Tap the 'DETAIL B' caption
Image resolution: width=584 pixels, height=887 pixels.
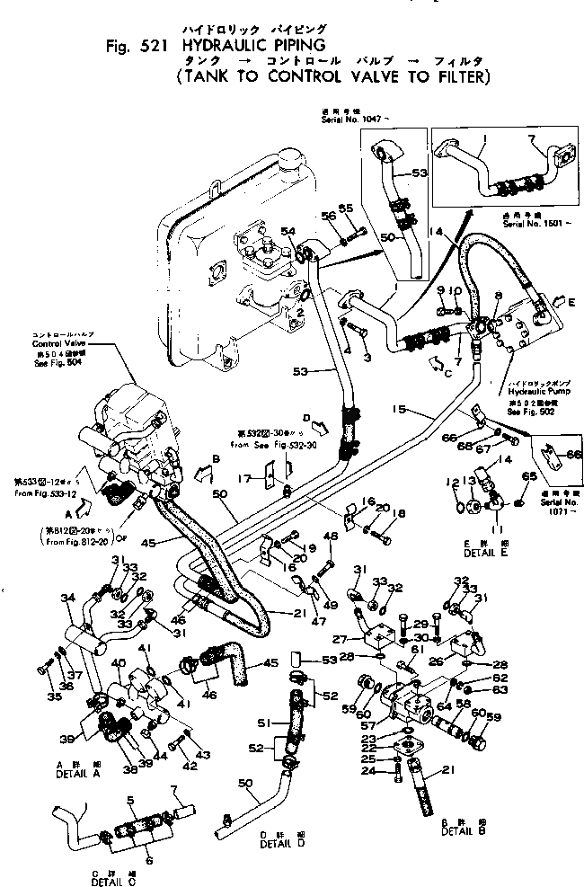462,831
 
